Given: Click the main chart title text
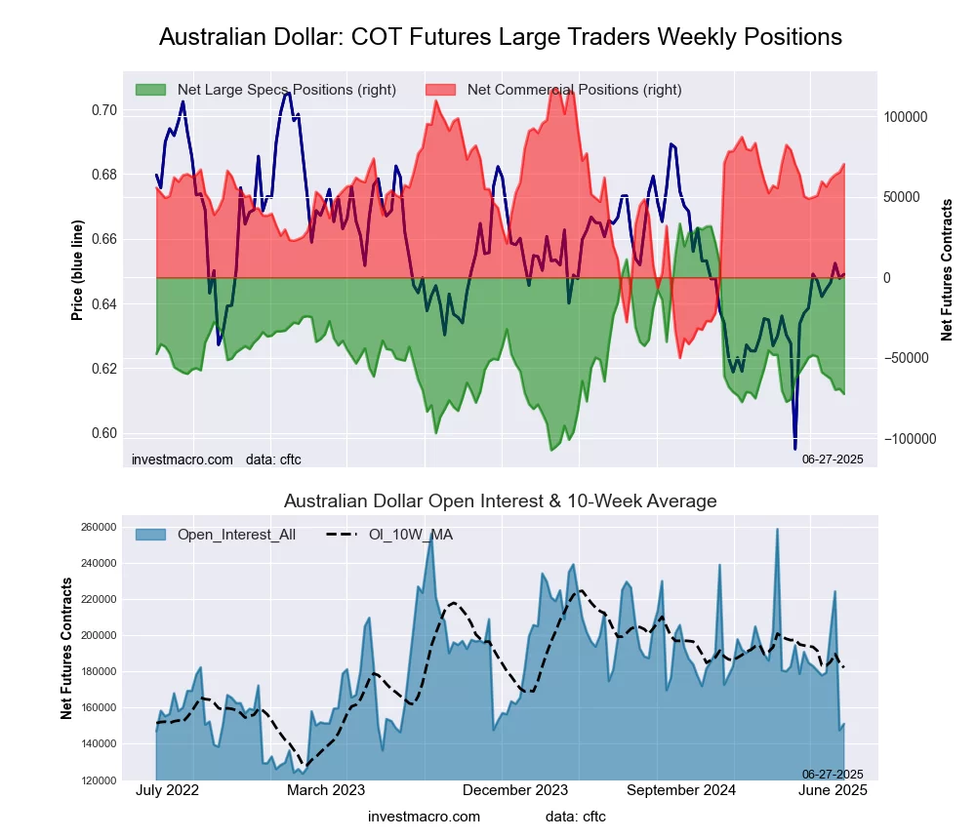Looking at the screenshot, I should click(500, 37).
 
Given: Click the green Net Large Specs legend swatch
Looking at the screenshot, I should click(151, 90).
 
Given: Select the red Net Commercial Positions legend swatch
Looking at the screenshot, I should click(441, 90).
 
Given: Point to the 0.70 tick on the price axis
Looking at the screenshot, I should click(103, 110).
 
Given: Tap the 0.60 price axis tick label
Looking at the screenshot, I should click(103, 433).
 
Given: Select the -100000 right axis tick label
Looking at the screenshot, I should click(909, 439).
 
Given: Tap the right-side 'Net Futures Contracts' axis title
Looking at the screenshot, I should click(947, 270).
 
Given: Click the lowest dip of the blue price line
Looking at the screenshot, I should click(795, 448).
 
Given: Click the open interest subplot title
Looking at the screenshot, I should click(500, 501).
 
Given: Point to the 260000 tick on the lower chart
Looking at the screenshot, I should click(98, 528).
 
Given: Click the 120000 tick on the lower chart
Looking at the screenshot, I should click(98, 780).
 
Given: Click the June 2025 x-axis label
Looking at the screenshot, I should click(833, 790).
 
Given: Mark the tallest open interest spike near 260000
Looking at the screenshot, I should click(777, 530).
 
